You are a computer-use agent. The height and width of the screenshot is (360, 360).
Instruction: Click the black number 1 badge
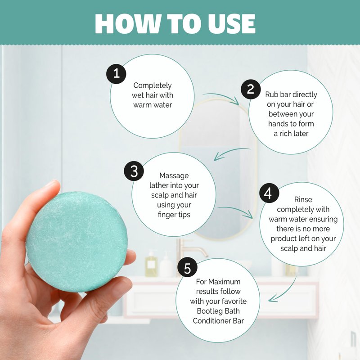(116, 74)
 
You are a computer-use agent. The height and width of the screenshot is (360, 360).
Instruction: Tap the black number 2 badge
(251, 89)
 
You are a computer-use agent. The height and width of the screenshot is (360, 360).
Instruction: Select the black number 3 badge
(134, 171)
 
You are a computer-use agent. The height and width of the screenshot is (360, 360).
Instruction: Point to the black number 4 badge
(269, 193)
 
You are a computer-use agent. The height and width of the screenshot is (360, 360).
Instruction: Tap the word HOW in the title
(128, 23)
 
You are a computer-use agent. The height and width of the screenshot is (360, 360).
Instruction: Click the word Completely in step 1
(153, 85)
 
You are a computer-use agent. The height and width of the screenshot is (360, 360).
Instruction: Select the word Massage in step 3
(174, 175)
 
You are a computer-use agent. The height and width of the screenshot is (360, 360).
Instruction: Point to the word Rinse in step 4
(303, 199)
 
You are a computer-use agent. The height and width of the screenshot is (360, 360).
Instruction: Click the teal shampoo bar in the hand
(76, 242)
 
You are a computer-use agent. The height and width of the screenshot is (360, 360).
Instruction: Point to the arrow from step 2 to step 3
(231, 152)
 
